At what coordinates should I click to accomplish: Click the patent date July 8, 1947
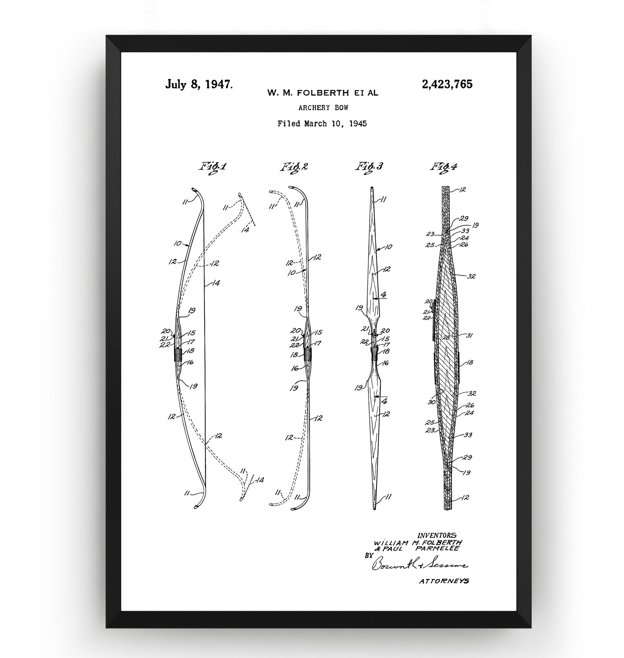(199, 84)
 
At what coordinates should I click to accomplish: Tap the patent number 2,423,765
(447, 84)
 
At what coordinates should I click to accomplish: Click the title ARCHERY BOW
(323, 108)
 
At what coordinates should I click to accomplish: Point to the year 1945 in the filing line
(357, 124)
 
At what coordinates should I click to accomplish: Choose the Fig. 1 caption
(213, 166)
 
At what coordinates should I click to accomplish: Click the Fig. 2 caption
(294, 166)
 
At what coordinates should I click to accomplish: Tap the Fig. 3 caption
(369, 166)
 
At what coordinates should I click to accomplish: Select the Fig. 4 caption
(444, 166)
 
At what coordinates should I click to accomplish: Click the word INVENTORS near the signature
(437, 536)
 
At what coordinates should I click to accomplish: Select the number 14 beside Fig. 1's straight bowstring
(215, 283)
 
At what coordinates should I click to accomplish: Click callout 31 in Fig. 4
(469, 335)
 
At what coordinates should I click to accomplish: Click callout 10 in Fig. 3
(388, 247)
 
